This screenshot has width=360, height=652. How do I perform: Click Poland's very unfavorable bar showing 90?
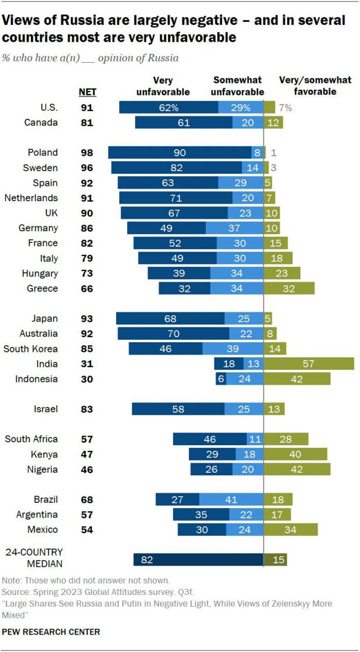179,153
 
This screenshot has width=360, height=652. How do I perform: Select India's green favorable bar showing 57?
309,364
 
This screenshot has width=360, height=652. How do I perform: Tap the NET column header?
87,92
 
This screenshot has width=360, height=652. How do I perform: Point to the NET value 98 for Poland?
87,153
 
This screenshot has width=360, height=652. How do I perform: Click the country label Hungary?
39,274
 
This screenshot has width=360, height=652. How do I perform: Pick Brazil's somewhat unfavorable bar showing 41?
231,500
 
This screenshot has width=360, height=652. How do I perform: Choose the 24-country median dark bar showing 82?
198,560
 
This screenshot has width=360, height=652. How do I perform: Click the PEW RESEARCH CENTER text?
51,632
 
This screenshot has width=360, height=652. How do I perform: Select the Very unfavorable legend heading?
162,86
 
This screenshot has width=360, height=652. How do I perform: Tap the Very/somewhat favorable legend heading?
315,86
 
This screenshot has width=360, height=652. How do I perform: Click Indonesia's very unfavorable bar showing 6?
220,379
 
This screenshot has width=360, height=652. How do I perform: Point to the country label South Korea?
31,349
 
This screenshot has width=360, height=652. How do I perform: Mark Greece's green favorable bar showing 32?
289,288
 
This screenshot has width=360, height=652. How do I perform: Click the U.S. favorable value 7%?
285,107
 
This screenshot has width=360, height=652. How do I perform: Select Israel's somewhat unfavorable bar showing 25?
244,409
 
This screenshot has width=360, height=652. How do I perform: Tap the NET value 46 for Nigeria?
87,470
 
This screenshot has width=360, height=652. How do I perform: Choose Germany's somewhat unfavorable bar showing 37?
234,228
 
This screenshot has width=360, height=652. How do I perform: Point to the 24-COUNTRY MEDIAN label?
34,558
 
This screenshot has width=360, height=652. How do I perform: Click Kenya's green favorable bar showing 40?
295,454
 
